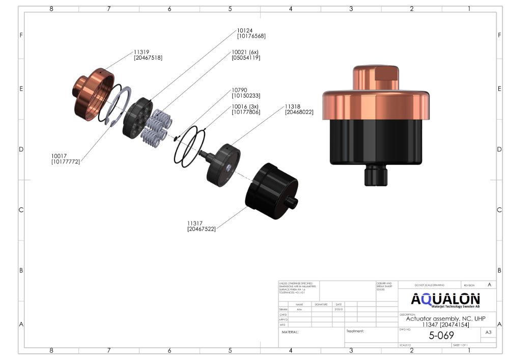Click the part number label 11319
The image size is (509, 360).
tap(141, 52)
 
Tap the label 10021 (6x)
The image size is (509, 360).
tap(245, 52)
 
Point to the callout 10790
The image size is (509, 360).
tap(240, 90)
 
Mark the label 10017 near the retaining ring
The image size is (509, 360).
tap(60, 156)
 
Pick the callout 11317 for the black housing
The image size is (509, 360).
tap(196, 223)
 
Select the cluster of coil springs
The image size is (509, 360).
tap(156, 127)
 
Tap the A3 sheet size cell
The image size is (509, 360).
tap(488, 333)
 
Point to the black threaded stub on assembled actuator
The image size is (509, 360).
tap(376, 176)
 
